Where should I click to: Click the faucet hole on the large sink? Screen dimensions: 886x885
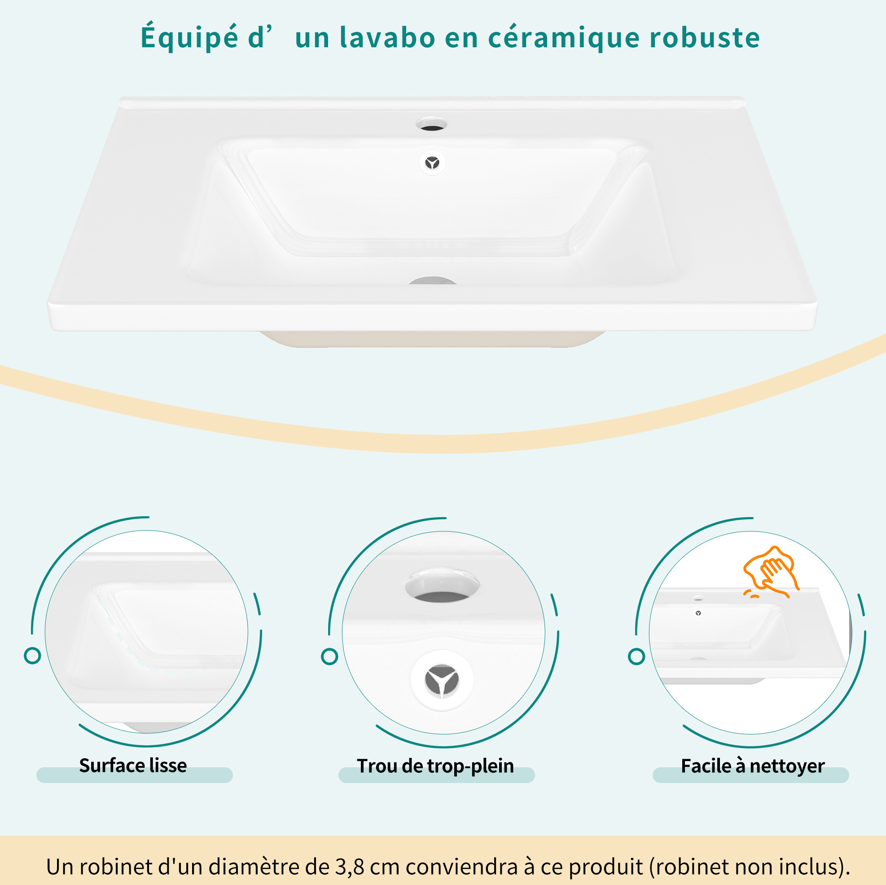[431, 124]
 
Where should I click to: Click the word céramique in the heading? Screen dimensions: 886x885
[564, 38]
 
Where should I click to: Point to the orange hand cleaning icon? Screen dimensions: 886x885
[771, 572]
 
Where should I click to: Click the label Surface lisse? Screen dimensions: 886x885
[133, 766]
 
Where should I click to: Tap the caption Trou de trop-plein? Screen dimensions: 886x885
[435, 766]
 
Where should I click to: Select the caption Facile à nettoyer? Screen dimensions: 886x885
[753, 766]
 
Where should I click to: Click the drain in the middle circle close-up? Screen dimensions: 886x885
[441, 680]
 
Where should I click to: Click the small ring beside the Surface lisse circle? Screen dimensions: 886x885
[32, 655]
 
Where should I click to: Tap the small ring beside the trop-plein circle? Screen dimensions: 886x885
[329, 656]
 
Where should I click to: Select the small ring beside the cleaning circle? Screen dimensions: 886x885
[636, 656]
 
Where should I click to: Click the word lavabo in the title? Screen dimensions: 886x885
[387, 38]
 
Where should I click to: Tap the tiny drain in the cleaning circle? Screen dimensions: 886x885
[698, 613]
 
